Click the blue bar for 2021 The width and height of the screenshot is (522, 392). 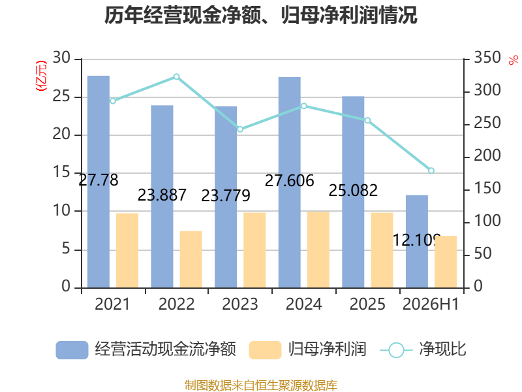99,182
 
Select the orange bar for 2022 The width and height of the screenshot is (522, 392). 191,259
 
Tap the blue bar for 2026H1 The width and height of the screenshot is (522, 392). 416,241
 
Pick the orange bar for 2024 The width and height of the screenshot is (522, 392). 318,250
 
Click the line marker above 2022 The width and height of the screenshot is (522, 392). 176,77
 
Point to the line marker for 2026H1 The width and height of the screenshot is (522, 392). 431,171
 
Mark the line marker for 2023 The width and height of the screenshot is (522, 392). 240,129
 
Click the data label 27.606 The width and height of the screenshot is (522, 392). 289,181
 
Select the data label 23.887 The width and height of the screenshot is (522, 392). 162,195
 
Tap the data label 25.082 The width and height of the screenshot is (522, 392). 353,190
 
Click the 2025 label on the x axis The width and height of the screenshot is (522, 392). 367,304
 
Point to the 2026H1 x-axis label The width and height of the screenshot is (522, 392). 431,304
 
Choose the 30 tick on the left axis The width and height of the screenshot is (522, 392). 61,57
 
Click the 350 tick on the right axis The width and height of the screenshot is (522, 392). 487,57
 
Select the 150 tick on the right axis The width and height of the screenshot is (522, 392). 487,188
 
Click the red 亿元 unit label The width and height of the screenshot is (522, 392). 41,76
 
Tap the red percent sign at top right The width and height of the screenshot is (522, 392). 514,60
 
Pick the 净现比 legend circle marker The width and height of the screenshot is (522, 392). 396,350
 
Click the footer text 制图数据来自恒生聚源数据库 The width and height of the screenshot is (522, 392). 261,385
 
